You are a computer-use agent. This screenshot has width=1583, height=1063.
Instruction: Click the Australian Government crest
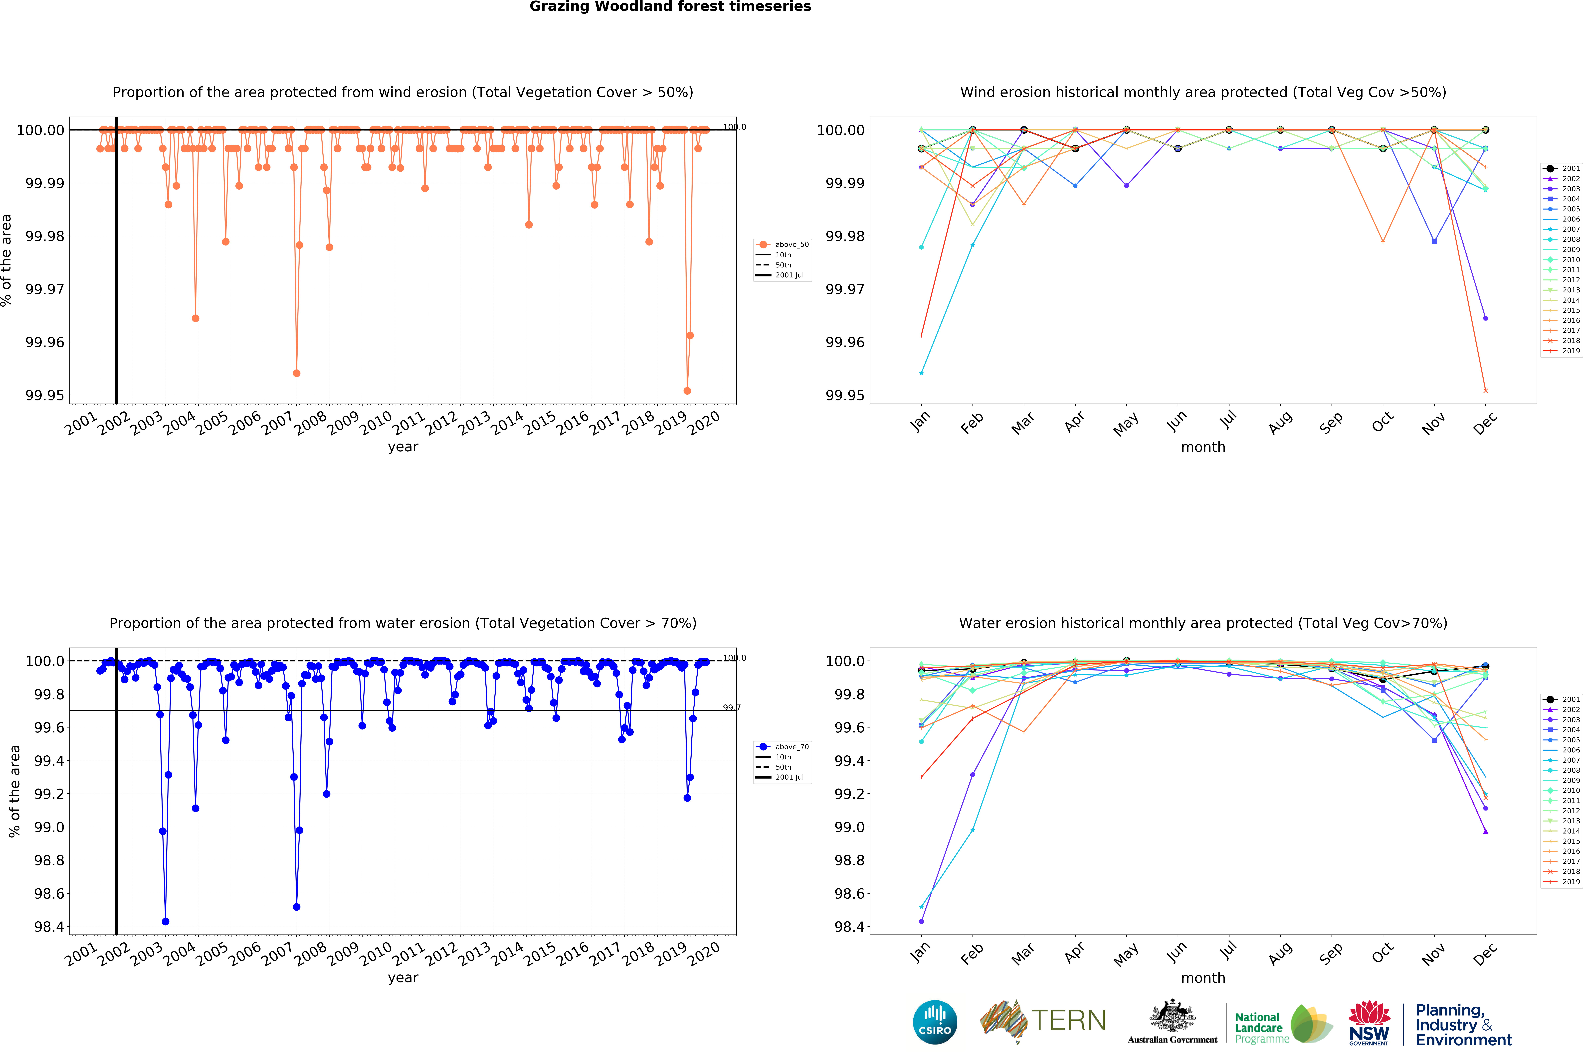click(x=1172, y=1017)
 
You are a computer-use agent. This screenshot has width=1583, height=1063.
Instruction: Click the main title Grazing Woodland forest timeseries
click(x=670, y=7)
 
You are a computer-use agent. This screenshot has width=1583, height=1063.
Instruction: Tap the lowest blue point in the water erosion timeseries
click(x=166, y=921)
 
